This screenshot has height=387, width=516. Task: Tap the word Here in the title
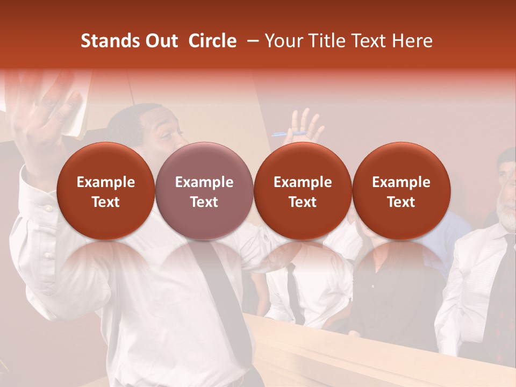tap(412, 41)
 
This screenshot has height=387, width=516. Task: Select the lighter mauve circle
tap(204, 191)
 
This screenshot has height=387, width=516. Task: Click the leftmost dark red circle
tap(105, 191)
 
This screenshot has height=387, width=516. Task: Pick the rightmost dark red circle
tap(401, 191)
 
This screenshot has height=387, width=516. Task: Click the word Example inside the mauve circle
tap(204, 182)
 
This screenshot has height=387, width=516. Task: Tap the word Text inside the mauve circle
tap(204, 202)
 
